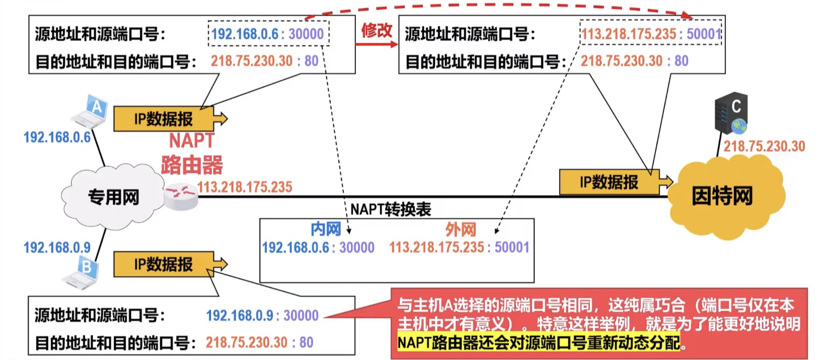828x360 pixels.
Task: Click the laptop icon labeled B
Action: pos(82,273)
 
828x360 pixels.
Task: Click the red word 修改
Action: pos(377,30)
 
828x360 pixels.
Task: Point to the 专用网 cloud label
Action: pos(113,197)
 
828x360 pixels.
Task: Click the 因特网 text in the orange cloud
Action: pos(722,196)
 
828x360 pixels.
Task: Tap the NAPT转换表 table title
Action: pos(391,210)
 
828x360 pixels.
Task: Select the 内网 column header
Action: pos(325,230)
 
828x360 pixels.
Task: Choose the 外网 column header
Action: pos(460,230)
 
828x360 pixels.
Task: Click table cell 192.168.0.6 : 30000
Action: pos(318,248)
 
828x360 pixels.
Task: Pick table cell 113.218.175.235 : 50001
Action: pos(459,247)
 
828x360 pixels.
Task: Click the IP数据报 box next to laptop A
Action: pos(163,119)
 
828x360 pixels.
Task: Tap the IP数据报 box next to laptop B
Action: pos(163,264)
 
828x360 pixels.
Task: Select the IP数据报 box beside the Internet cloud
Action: pos(609,182)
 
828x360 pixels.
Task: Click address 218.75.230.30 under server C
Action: pos(764,146)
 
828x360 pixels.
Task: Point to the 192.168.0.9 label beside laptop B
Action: pos(57,247)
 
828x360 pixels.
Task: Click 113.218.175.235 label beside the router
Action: pos(245,187)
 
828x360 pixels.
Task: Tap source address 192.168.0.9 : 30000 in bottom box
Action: pos(262,315)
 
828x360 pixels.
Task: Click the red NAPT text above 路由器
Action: pos(192,141)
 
